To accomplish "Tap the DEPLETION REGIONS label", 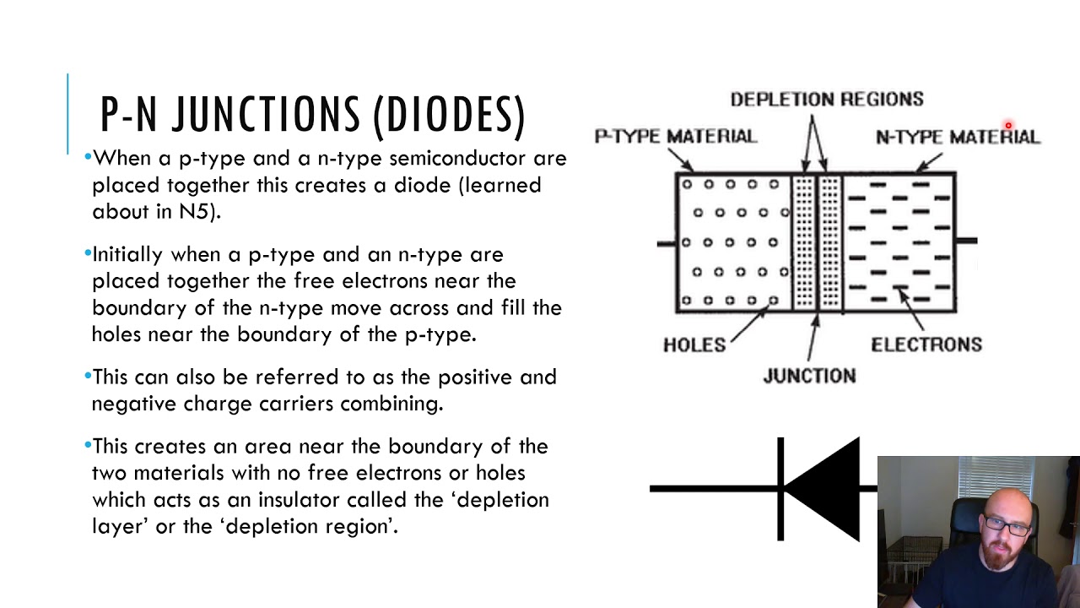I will (x=827, y=100).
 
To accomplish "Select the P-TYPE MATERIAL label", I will (x=676, y=136).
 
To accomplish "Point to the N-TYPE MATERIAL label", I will (x=958, y=137).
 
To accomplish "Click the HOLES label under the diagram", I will (x=694, y=345).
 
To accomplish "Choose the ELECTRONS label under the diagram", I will (x=926, y=345).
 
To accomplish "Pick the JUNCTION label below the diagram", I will (x=809, y=376).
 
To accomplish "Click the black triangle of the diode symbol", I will (x=827, y=488).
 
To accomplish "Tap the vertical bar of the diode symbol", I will (x=780, y=488).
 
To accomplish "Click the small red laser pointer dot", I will (x=1007, y=126).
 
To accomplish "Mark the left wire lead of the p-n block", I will (x=667, y=244).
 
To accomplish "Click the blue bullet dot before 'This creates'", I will (x=88, y=444).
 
